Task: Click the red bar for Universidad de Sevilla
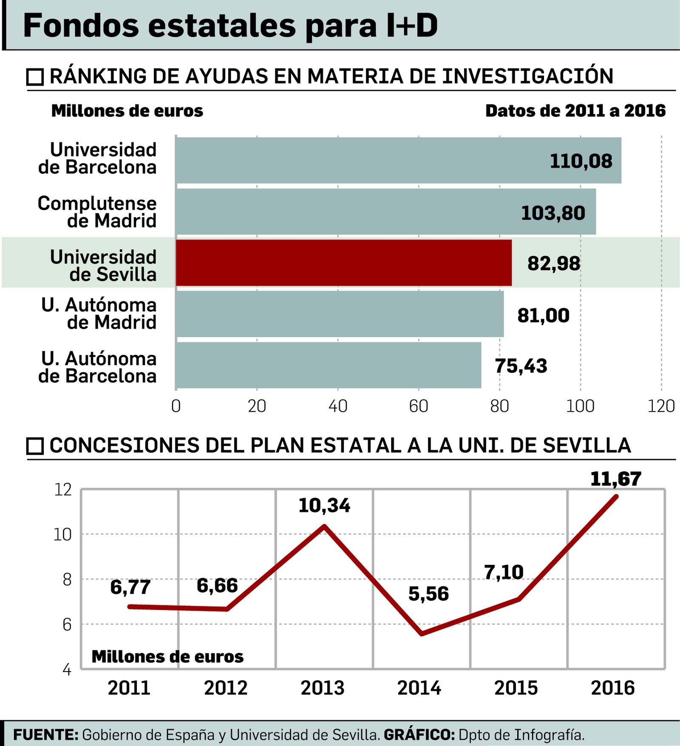point(343,263)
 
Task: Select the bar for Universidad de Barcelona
point(398,160)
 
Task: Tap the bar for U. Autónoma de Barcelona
point(328,366)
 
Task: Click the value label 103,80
point(553,213)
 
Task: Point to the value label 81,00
point(543,315)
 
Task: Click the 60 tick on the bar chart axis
point(418,406)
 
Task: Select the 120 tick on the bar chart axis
point(661,406)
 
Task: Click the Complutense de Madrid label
point(97,212)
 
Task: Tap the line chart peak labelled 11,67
point(616,496)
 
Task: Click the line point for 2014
point(421,634)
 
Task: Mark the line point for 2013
point(324,526)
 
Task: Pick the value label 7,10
point(504,572)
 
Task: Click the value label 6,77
point(130,587)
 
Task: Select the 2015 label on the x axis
point(516,688)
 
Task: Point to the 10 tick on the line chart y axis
point(63,534)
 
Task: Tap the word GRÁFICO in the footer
point(419,735)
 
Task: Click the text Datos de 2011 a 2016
point(575,111)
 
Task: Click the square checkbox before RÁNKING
point(35,77)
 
